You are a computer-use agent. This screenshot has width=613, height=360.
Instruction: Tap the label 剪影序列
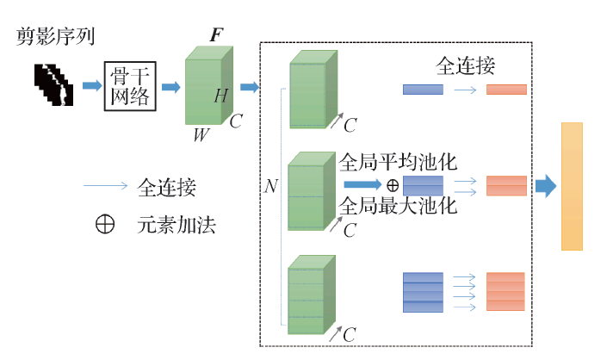(55, 37)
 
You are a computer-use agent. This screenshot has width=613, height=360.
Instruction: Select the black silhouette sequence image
(54, 85)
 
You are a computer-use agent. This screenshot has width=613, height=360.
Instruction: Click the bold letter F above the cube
(217, 35)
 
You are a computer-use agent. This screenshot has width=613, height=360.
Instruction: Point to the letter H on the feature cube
(220, 96)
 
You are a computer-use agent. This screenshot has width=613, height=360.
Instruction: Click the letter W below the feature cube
(201, 134)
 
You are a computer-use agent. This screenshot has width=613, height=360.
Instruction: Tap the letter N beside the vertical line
(271, 185)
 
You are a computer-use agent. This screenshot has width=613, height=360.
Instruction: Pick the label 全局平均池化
(399, 162)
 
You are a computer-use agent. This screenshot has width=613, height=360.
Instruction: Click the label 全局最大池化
(399, 207)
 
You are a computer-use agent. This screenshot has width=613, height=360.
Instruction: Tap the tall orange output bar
(572, 186)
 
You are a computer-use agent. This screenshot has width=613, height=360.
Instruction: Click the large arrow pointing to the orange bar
(545, 186)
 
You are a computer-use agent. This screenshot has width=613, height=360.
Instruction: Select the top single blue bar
(423, 89)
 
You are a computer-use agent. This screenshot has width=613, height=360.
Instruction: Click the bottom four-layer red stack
(505, 291)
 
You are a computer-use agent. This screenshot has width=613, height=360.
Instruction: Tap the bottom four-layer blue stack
(423, 291)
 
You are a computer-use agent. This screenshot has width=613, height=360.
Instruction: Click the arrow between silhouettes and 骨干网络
(91, 85)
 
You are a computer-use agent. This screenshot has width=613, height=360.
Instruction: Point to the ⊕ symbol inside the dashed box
(392, 184)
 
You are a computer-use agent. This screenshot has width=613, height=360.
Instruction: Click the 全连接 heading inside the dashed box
(466, 65)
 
